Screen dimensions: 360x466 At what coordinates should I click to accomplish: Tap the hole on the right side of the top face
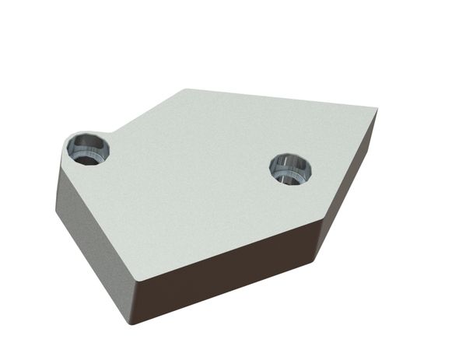coord(290,168)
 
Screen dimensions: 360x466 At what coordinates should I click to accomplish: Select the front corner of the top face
coord(135,278)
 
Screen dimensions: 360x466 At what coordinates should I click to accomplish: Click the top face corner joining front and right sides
coord(320,221)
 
